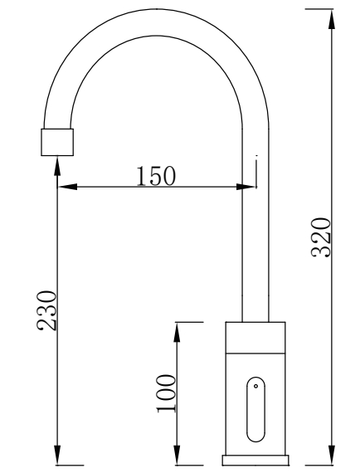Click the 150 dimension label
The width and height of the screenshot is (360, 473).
tap(156, 176)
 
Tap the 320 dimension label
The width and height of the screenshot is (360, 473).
tap(321, 237)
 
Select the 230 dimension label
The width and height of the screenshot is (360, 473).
tap(46, 310)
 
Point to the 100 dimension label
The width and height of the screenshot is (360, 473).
tap(166, 393)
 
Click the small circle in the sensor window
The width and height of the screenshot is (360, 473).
tap(256, 386)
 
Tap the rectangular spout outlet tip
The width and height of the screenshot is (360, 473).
tap(57, 143)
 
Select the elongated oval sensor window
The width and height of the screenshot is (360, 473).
tap(256, 409)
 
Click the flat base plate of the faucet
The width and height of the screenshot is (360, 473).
tap(255, 460)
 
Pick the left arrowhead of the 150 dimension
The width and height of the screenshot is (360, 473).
tap(67, 187)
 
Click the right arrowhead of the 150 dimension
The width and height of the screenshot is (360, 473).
tap(246, 187)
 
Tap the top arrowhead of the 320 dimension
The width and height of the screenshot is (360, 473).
tap(332, 19)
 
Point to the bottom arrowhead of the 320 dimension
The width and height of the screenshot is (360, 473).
tap(332, 456)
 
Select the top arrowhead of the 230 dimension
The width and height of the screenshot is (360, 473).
tap(57, 166)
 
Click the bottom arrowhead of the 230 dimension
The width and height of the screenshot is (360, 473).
tap(57, 456)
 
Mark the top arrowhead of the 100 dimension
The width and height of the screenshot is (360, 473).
tap(177, 332)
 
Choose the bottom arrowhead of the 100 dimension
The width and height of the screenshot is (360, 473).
tap(177, 456)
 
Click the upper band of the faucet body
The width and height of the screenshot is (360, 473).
tap(255, 338)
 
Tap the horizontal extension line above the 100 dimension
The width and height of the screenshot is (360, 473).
tap(189, 322)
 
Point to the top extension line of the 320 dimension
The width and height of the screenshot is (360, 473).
tap(319, 9)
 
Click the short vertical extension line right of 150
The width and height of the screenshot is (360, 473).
tap(256, 172)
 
